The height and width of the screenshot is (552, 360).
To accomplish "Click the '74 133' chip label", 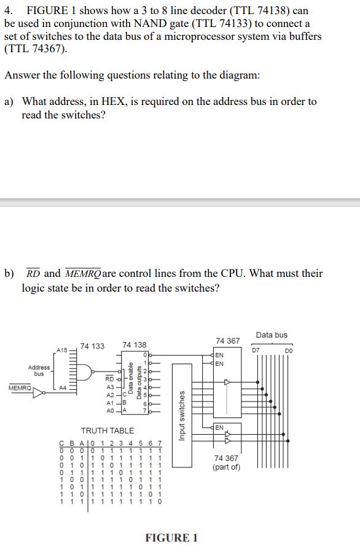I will pyautogui.click(x=92, y=346).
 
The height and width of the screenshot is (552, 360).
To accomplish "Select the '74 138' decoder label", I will pyautogui.click(x=135, y=346).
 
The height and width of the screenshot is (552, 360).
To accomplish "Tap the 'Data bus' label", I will pyautogui.click(x=272, y=335).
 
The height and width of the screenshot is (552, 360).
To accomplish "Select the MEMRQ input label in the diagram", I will pyautogui.click(x=20, y=388).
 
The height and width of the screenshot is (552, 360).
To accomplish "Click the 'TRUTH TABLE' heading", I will pyautogui.click(x=108, y=430).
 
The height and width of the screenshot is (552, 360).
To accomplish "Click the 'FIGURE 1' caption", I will pyautogui.click(x=171, y=538).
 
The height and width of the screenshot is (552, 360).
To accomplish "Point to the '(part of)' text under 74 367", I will pyautogui.click(x=227, y=468).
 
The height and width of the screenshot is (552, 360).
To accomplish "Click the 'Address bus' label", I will pyautogui.click(x=39, y=370).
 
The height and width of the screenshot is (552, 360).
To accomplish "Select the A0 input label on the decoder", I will pyautogui.click(x=111, y=410).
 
